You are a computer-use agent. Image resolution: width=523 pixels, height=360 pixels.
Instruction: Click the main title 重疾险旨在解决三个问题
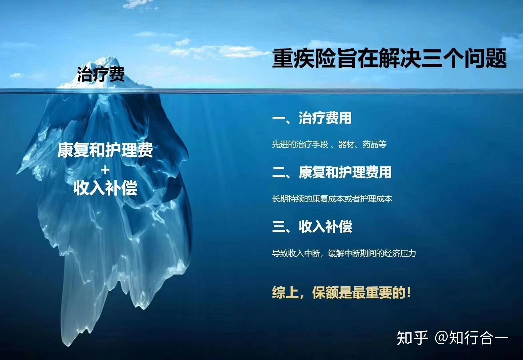coord(389,59)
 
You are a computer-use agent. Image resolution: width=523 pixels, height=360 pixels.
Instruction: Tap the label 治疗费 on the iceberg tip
coord(101,74)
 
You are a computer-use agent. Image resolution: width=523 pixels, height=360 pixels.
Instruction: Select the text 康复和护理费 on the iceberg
coord(105,150)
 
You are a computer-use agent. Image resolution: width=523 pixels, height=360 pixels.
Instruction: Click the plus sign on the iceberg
coord(105,170)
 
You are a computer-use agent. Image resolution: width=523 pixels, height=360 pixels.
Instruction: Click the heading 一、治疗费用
coord(312,118)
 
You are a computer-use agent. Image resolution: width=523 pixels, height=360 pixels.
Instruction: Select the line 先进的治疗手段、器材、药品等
coord(329,144)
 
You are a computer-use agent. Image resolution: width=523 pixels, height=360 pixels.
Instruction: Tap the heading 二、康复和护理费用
coord(332,172)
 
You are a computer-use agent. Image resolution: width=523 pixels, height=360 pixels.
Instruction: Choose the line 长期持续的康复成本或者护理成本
coord(332,199)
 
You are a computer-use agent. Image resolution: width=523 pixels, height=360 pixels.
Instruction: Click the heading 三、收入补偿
coord(312,227)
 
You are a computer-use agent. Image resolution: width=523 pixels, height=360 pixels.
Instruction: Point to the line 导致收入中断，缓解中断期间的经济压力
coord(344,253)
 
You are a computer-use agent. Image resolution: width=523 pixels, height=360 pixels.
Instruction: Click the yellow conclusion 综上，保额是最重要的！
coord(342,293)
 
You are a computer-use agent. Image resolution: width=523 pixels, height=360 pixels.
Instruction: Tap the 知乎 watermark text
coord(412,337)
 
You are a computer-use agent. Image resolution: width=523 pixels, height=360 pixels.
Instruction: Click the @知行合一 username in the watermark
coord(472,337)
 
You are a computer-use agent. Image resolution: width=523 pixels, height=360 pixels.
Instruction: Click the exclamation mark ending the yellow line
coord(409,293)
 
